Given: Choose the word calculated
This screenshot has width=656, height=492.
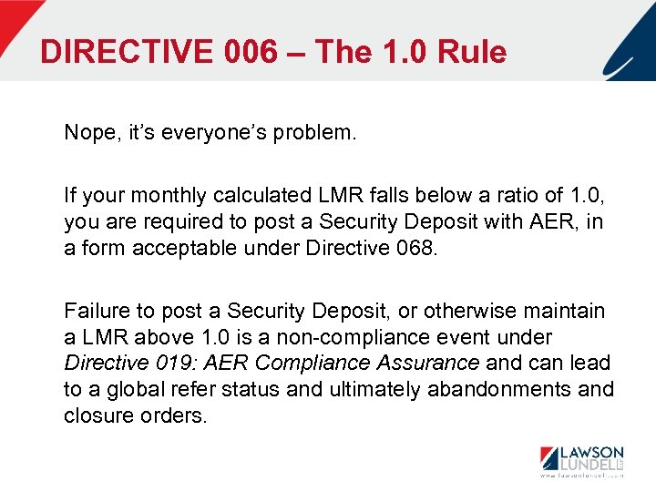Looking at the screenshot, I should tap(252, 195).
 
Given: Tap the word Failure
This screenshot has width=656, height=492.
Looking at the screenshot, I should tap(96, 311).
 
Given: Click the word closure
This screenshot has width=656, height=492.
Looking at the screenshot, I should tap(97, 415).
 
